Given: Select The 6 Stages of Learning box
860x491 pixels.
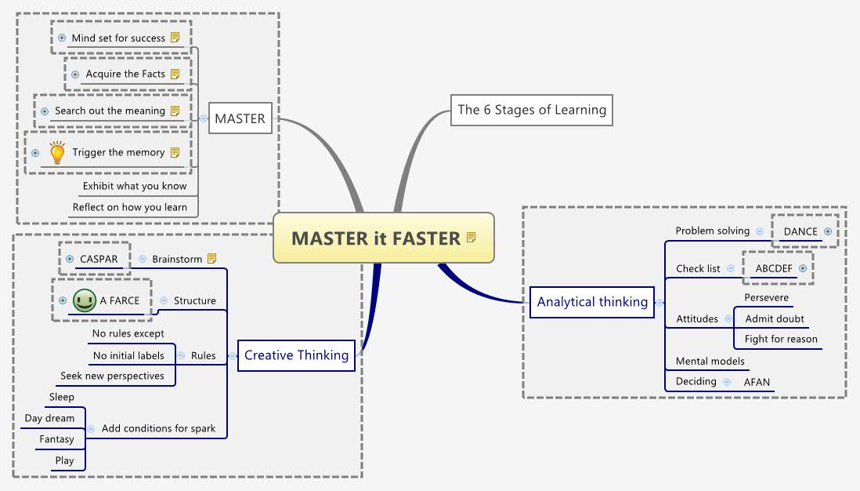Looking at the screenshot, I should point(531,110).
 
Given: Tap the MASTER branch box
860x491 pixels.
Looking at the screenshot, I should point(240,119).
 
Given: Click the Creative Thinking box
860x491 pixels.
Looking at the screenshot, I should point(296,355).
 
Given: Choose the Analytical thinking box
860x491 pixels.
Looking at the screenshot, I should point(592,302).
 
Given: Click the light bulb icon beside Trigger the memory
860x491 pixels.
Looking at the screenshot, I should point(57,152).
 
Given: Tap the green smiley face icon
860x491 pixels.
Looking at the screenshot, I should point(84,300).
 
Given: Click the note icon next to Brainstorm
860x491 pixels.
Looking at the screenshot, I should point(212,259).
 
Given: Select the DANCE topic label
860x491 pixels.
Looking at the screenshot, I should point(800,231).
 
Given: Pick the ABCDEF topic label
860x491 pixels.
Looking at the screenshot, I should point(773,268).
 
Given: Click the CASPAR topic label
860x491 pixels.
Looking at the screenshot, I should point(98,259).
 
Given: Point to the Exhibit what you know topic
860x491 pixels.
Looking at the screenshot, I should point(135,186).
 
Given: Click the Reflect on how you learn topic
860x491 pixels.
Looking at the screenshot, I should point(130,207).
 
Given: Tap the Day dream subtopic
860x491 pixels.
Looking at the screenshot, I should point(49,418).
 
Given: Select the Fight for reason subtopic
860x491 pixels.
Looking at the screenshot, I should point(781,339).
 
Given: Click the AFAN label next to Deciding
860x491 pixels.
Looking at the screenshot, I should point(757,382).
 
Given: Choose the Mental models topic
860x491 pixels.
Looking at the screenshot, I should point(710,361).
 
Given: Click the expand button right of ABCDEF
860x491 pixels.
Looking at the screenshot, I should point(802,268).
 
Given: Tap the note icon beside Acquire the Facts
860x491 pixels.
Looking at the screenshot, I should point(175,74).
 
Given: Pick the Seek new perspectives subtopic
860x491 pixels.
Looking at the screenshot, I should point(112,376).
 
